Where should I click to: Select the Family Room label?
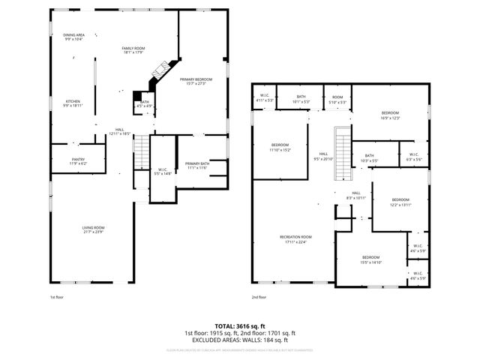coord(133,50)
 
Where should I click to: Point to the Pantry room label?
coord(78,160)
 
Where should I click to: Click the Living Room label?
coord(93,229)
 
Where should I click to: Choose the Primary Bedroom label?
coord(196,80)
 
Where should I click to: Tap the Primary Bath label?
coord(197,165)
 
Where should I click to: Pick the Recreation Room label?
coord(295,239)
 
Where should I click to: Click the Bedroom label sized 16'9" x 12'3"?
coord(391,115)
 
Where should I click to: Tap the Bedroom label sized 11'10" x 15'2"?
coord(280,147)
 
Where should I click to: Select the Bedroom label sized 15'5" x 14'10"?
coord(371,259)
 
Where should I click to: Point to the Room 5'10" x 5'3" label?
coord(337,98)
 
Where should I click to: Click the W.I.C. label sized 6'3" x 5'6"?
coord(414,157)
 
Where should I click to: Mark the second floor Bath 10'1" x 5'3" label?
coord(301,98)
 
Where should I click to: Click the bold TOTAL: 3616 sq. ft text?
coord(239,325)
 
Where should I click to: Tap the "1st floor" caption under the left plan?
coord(57,296)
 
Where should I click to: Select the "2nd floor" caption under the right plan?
coord(259,296)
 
